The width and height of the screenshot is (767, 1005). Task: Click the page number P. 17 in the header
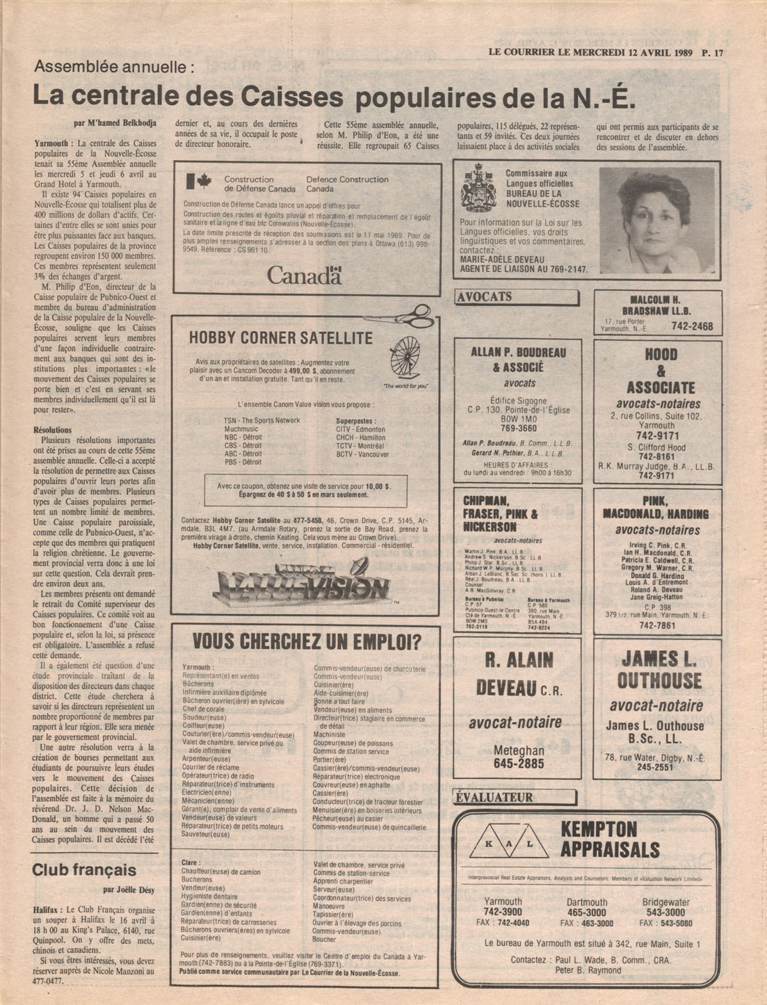[x=713, y=52]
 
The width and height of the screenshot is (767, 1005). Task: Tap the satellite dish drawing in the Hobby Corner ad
[x=405, y=358]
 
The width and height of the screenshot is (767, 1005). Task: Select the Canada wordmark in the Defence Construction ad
[x=305, y=275]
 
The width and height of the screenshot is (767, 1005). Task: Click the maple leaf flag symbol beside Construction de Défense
[x=200, y=182]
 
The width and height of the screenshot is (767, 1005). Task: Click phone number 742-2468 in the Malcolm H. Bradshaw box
[x=692, y=326]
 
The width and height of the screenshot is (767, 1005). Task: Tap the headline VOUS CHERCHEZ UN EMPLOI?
[x=306, y=641]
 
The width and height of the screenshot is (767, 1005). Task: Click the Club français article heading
[x=83, y=870]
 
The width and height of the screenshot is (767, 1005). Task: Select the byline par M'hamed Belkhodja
[x=115, y=123]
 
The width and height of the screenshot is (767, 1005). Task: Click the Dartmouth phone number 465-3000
[x=586, y=912]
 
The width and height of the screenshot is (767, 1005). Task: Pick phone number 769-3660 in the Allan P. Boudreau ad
[x=517, y=429]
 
